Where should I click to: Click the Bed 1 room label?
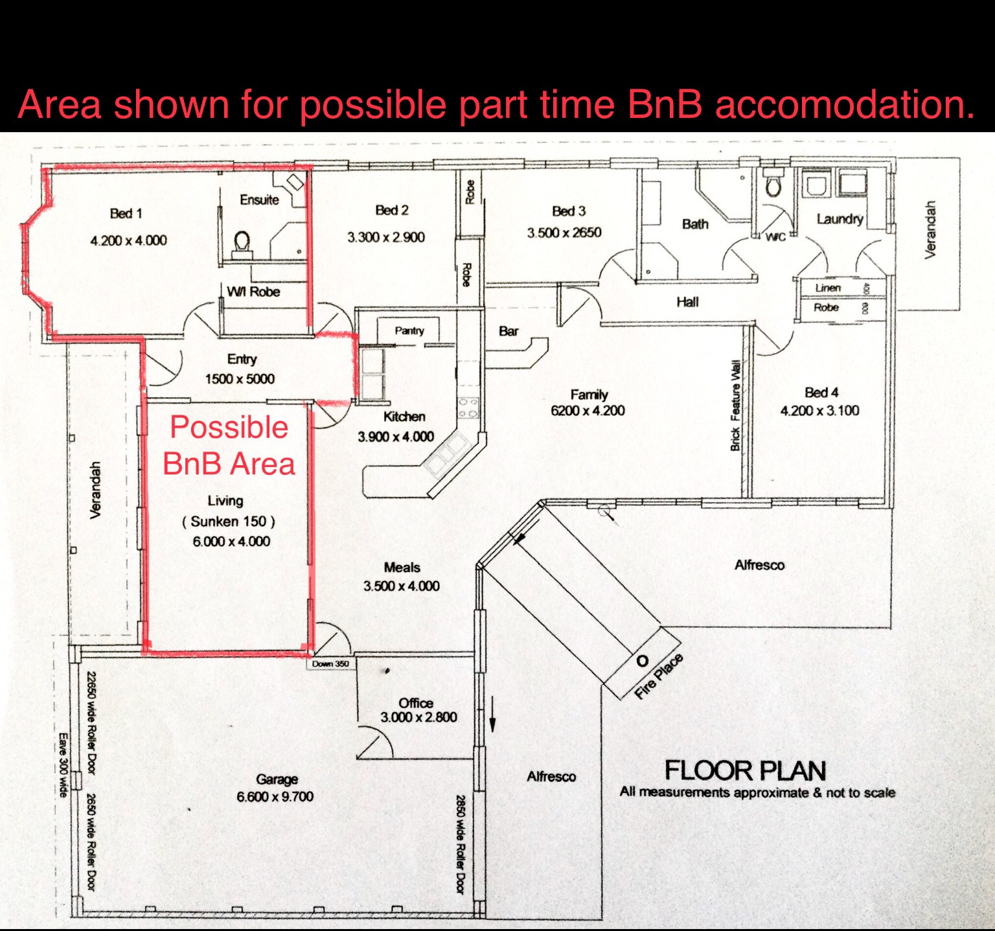click(x=126, y=213)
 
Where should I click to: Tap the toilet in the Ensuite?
click(x=242, y=244)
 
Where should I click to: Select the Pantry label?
click(x=409, y=330)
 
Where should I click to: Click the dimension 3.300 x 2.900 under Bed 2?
click(x=386, y=237)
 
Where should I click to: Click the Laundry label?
click(x=840, y=219)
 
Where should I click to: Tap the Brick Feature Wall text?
click(x=735, y=405)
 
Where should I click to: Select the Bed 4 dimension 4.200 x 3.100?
click(x=820, y=411)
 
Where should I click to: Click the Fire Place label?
click(x=659, y=676)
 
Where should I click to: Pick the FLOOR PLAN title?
click(x=746, y=770)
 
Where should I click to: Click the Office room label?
click(x=416, y=703)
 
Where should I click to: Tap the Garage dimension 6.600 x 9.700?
click(x=275, y=796)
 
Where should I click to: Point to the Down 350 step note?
click(x=330, y=663)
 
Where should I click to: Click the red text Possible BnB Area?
click(x=229, y=446)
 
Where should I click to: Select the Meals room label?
click(x=402, y=568)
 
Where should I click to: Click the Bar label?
click(x=509, y=331)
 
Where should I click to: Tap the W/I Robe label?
click(x=253, y=292)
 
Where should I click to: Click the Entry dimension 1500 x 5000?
click(x=240, y=379)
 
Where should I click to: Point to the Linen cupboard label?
click(x=828, y=288)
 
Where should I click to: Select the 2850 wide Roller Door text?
click(x=461, y=845)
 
